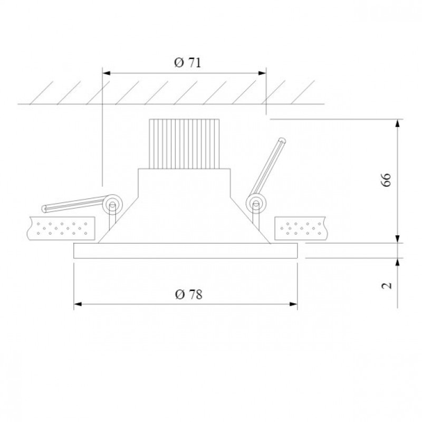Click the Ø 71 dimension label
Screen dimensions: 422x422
pos(188,63)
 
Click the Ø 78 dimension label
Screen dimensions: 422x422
pos(188,294)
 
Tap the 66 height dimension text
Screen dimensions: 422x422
pos(386,180)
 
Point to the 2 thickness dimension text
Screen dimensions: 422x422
pos(387,285)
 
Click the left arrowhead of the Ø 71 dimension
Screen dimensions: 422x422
pos(107,73)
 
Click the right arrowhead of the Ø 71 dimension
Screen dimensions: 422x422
pos(262,73)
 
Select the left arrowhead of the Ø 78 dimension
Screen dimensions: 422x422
pos(78,304)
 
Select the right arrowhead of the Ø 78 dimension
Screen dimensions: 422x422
pos(293,304)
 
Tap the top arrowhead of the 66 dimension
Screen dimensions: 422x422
pos(398,123)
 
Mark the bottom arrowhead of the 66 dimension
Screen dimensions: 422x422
pos(398,239)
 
